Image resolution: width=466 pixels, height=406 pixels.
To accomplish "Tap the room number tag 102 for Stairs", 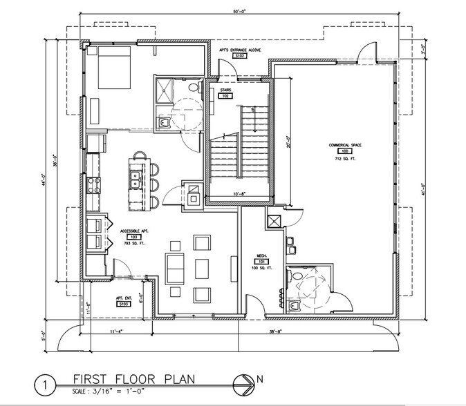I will (225, 97).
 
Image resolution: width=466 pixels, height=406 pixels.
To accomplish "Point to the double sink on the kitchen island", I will (134, 180).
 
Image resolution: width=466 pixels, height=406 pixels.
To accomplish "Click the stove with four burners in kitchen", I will (92, 185).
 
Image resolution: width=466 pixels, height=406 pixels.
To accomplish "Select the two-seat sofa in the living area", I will (175, 267).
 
